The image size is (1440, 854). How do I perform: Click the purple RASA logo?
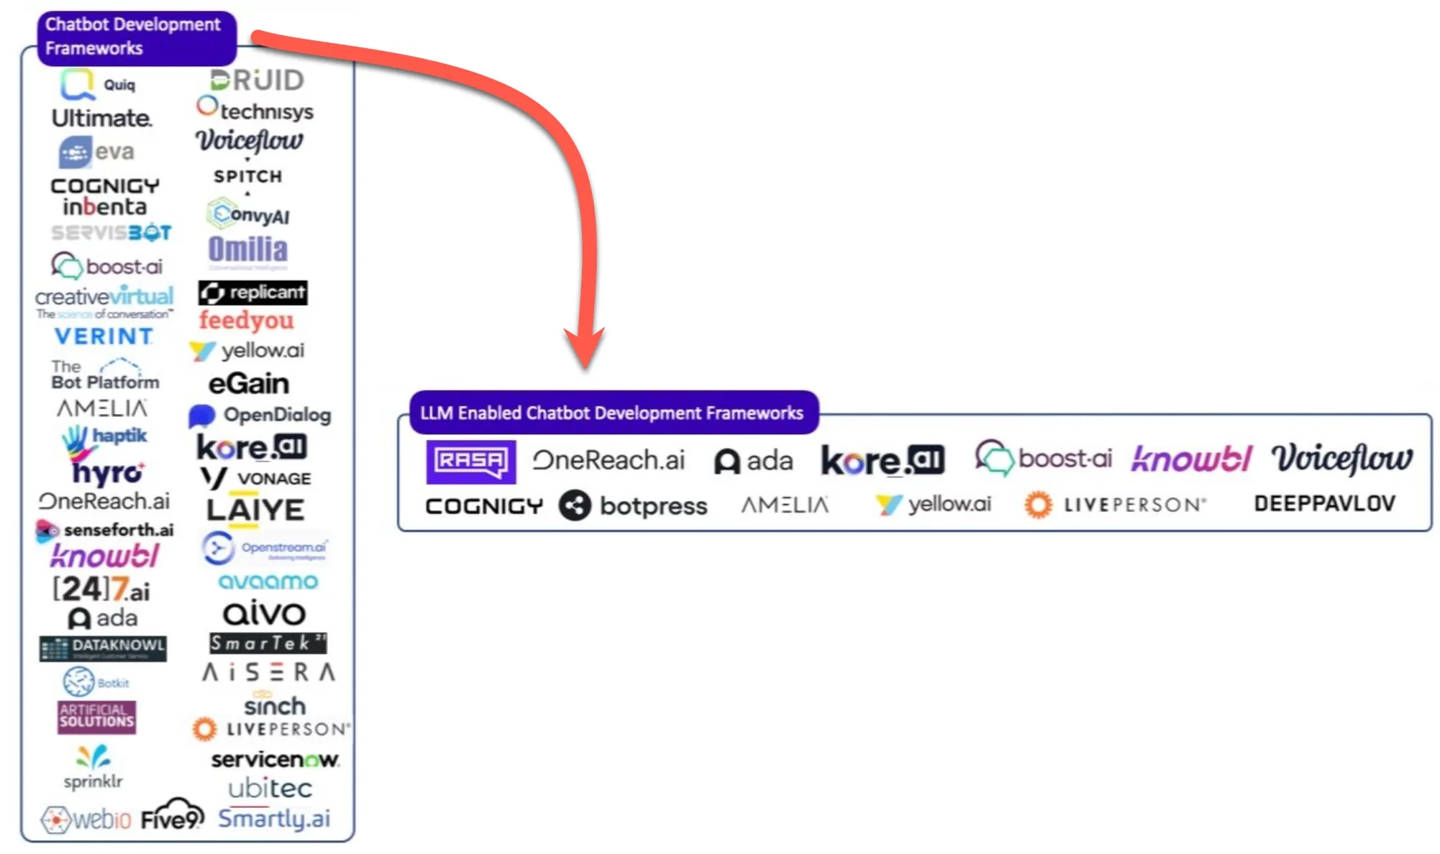[x=470, y=462]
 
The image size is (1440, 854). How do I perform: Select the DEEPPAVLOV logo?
[x=1324, y=503]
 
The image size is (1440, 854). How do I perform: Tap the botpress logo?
[x=633, y=505]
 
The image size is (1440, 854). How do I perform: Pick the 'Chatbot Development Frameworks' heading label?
[x=136, y=37]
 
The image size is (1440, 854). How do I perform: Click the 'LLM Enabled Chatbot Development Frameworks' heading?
[x=613, y=413]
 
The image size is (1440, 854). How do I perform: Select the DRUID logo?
[x=257, y=80]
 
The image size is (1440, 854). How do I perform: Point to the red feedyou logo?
[x=246, y=321]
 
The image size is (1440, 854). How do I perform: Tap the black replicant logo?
[x=253, y=293]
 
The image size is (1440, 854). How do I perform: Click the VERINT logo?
[x=104, y=336]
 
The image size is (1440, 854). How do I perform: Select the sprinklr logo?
[x=93, y=768]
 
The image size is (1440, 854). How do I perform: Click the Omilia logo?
[x=248, y=250]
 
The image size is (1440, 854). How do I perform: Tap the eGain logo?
[x=249, y=383]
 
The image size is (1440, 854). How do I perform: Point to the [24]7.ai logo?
[x=101, y=589]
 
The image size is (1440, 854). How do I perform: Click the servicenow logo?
[x=275, y=759]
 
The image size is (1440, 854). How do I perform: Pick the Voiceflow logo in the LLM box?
[x=1341, y=459]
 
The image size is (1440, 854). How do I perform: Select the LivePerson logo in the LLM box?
[x=1115, y=505]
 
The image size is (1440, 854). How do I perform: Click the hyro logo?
[x=107, y=472]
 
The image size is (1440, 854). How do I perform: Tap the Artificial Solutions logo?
[x=96, y=717]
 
